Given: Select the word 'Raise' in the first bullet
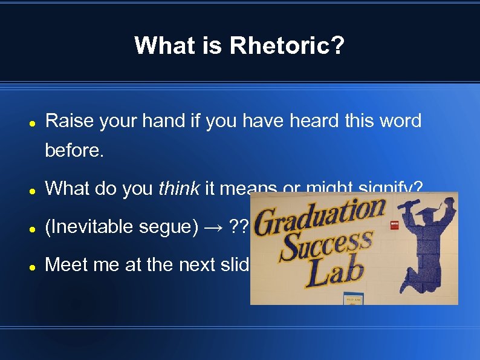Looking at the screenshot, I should (x=70, y=121).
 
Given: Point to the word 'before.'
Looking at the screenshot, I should (x=74, y=151).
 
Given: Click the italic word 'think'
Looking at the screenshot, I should (x=179, y=189).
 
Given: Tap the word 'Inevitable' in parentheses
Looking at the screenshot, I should (x=88, y=227).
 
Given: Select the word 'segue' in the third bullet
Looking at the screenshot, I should (x=161, y=227).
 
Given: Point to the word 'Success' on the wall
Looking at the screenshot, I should (x=326, y=246).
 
